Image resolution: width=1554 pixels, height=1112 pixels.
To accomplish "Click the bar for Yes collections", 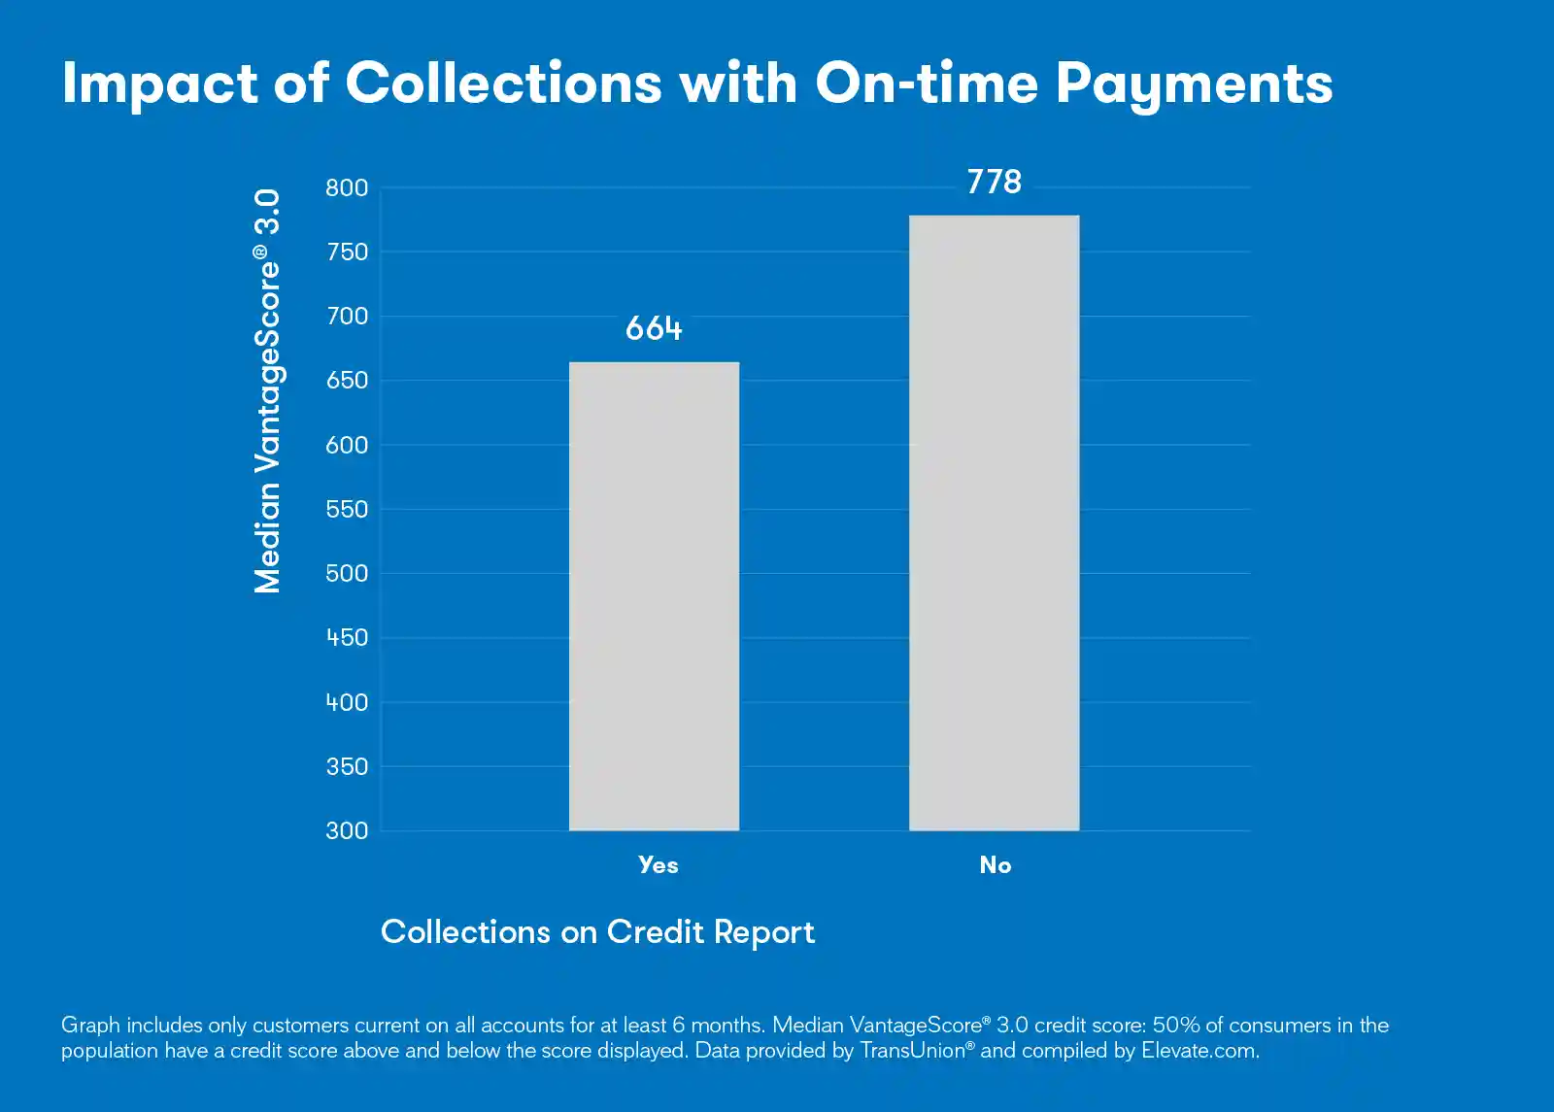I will tap(654, 596).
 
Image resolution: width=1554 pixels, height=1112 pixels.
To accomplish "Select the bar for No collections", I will tap(994, 522).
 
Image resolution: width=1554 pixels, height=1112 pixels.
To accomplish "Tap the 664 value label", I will tap(654, 328).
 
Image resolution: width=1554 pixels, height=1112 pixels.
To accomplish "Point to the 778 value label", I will tap(994, 182).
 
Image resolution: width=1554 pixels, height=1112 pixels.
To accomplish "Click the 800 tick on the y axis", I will tap(347, 187).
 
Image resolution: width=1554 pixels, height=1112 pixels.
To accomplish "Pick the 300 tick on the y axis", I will tap(347, 830).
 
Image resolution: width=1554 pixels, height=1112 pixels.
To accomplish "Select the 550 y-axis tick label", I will tap(347, 509).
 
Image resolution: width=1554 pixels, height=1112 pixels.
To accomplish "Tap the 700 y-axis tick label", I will tap(347, 316).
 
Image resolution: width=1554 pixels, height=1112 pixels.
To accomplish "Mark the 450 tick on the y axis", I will tap(347, 637).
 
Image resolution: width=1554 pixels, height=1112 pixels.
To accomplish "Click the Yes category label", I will tap(658, 864).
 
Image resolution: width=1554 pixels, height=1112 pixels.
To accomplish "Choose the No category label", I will tap(995, 864).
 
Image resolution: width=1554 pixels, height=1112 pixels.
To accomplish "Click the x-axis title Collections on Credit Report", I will tap(597, 931).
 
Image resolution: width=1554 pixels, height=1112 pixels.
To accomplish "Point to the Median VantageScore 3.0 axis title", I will tap(267, 390).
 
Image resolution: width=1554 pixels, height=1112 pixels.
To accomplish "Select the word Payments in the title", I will tap(1194, 84).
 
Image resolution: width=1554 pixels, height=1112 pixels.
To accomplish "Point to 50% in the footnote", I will tap(1176, 1025).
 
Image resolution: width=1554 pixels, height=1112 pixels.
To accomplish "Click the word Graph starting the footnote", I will tap(90, 1025).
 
